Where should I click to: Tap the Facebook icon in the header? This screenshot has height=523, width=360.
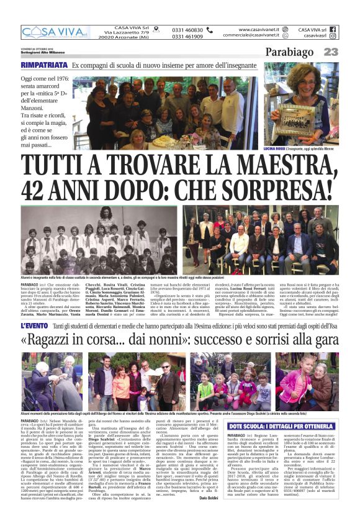[x=332, y=29]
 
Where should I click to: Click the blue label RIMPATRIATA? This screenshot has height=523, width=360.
[x=43, y=65]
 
